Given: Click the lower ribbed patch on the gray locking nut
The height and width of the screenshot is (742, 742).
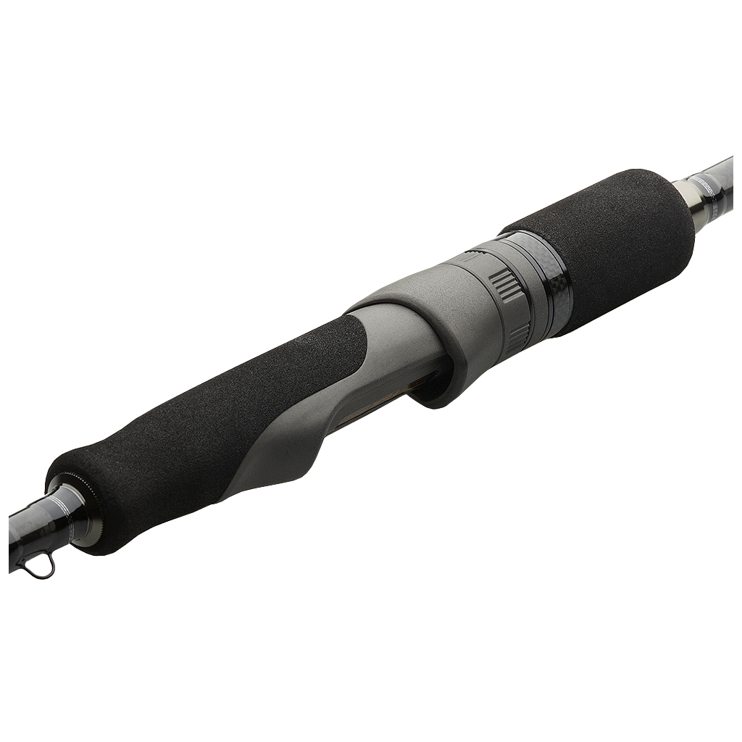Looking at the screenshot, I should click(x=517, y=338).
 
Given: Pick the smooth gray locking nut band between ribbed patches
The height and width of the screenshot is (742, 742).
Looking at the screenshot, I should click(x=511, y=312).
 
